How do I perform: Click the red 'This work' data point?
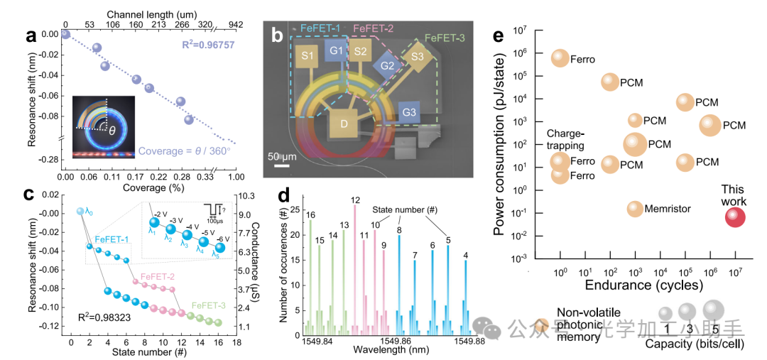coord(736,217)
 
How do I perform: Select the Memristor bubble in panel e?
coord(635,209)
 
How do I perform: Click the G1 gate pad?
coord(336,52)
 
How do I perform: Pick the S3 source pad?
coord(417,56)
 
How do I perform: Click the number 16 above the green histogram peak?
coord(310,214)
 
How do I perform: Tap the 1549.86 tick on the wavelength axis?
coord(398,342)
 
